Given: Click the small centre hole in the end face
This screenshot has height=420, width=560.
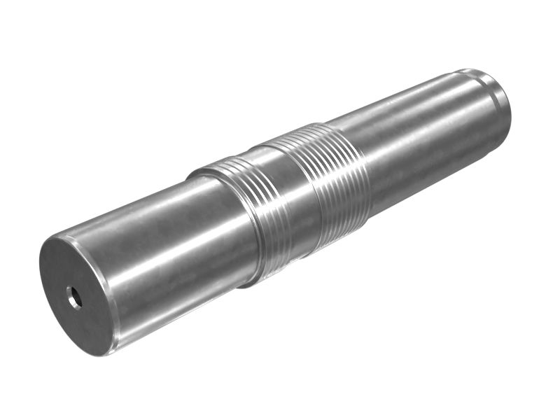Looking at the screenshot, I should pos(74,298).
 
